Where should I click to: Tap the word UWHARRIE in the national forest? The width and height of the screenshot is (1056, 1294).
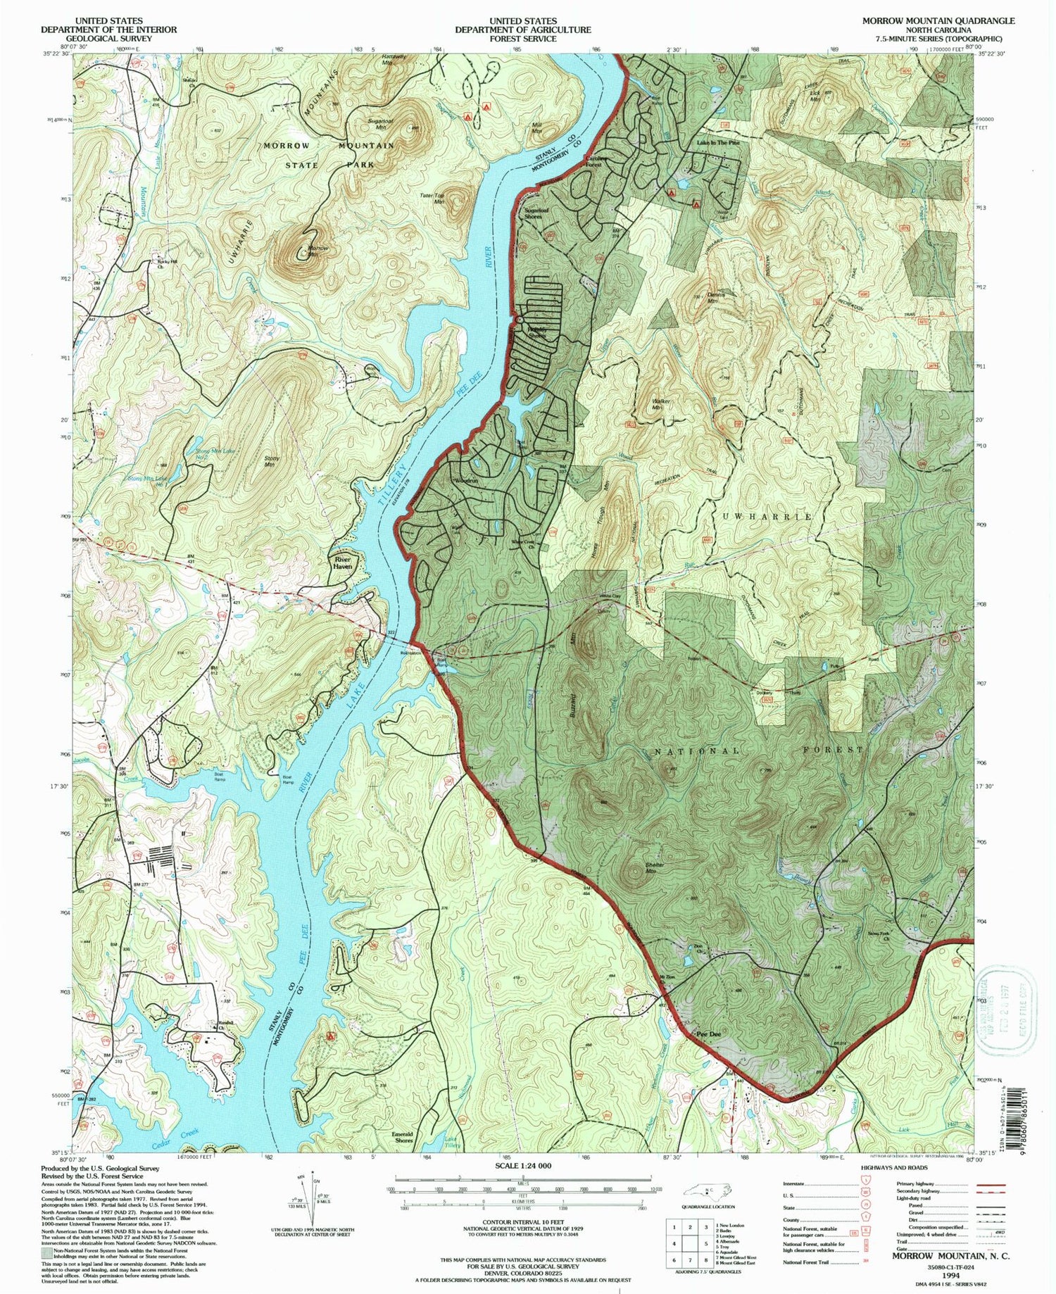pyautogui.click(x=766, y=516)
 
